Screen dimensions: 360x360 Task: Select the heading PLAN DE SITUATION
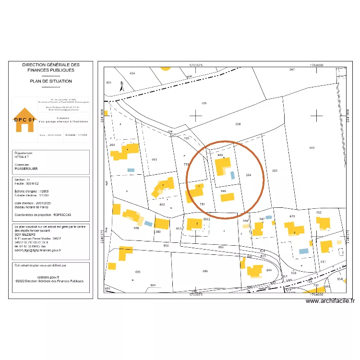tap(51, 81)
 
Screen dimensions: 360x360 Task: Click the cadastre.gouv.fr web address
tap(51, 277)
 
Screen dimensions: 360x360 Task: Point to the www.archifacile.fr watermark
tap(330, 301)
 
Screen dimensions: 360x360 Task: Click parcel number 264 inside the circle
tap(248, 175)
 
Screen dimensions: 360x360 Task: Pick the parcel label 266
tap(237, 124)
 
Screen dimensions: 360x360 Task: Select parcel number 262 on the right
tap(312, 148)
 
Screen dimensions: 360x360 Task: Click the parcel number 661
tap(154, 159)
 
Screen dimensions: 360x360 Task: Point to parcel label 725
tap(204, 103)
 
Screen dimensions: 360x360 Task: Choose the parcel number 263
tap(275, 171)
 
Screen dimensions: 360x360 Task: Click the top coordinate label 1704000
tap(316, 64)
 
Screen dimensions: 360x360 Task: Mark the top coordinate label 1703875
tap(196, 64)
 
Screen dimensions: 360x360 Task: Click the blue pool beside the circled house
tap(232, 175)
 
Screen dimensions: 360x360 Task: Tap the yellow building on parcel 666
tap(227, 197)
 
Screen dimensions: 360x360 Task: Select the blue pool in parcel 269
tap(131, 170)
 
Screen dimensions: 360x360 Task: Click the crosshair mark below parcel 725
tap(196, 115)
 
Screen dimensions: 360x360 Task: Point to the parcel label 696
tap(138, 272)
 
